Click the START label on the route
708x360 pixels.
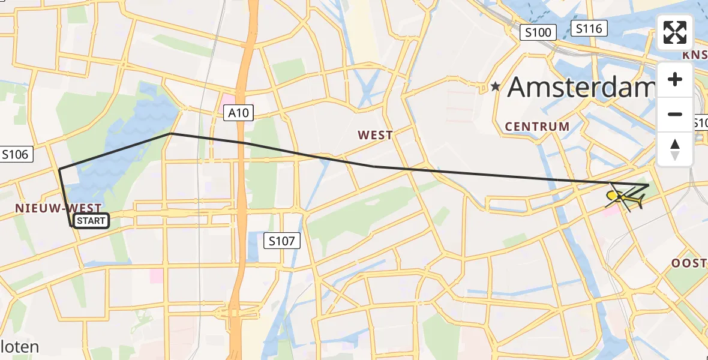(x=91, y=221)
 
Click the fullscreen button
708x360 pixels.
(x=675, y=32)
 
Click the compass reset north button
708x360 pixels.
(x=675, y=149)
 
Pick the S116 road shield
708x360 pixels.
(x=589, y=28)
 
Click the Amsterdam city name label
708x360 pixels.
(x=580, y=88)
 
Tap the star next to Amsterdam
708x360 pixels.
(x=495, y=87)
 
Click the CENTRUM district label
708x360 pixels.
(x=537, y=127)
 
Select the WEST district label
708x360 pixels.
(x=375, y=135)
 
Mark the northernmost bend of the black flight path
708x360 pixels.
(x=172, y=133)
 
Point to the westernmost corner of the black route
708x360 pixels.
(x=59, y=170)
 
